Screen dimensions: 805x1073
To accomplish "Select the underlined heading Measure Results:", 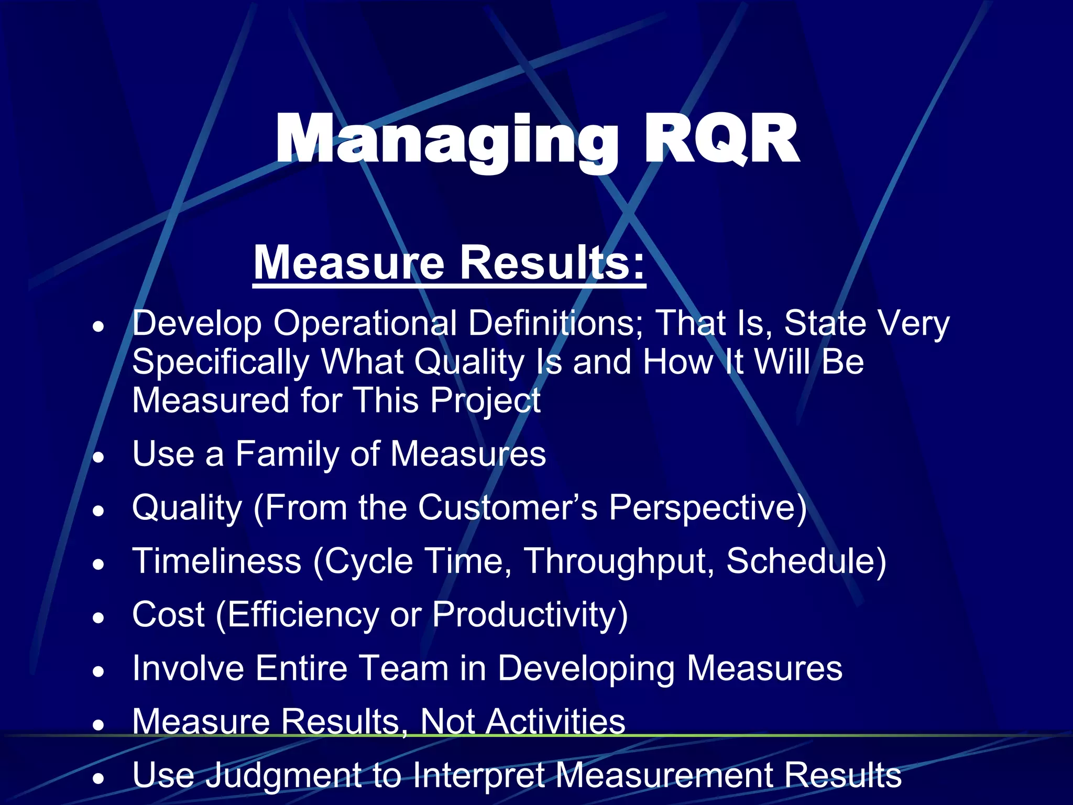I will pos(449,263).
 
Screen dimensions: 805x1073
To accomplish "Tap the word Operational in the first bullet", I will pos(365,323).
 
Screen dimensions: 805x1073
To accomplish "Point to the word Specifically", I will pos(221,362).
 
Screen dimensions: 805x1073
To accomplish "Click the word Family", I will pos(287,454).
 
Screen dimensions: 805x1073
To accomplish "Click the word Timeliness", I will pos(217,561).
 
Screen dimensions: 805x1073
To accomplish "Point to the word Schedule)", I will pos(806,561).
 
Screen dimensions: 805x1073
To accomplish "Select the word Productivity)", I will pos(530,615).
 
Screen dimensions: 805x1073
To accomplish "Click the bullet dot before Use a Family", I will pos(98,457).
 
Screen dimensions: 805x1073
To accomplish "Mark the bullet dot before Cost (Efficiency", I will pos(98,618).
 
